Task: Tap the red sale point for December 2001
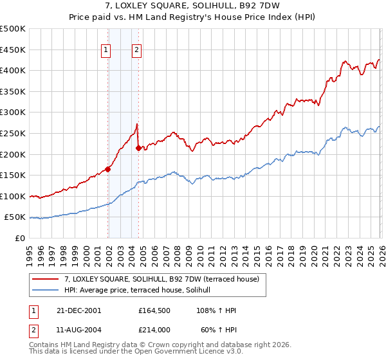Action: point(107,169)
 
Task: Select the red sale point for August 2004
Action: point(138,148)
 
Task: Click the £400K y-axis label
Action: point(14,70)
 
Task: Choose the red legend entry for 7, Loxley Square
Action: point(161,279)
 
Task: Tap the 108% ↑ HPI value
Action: point(217,310)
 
